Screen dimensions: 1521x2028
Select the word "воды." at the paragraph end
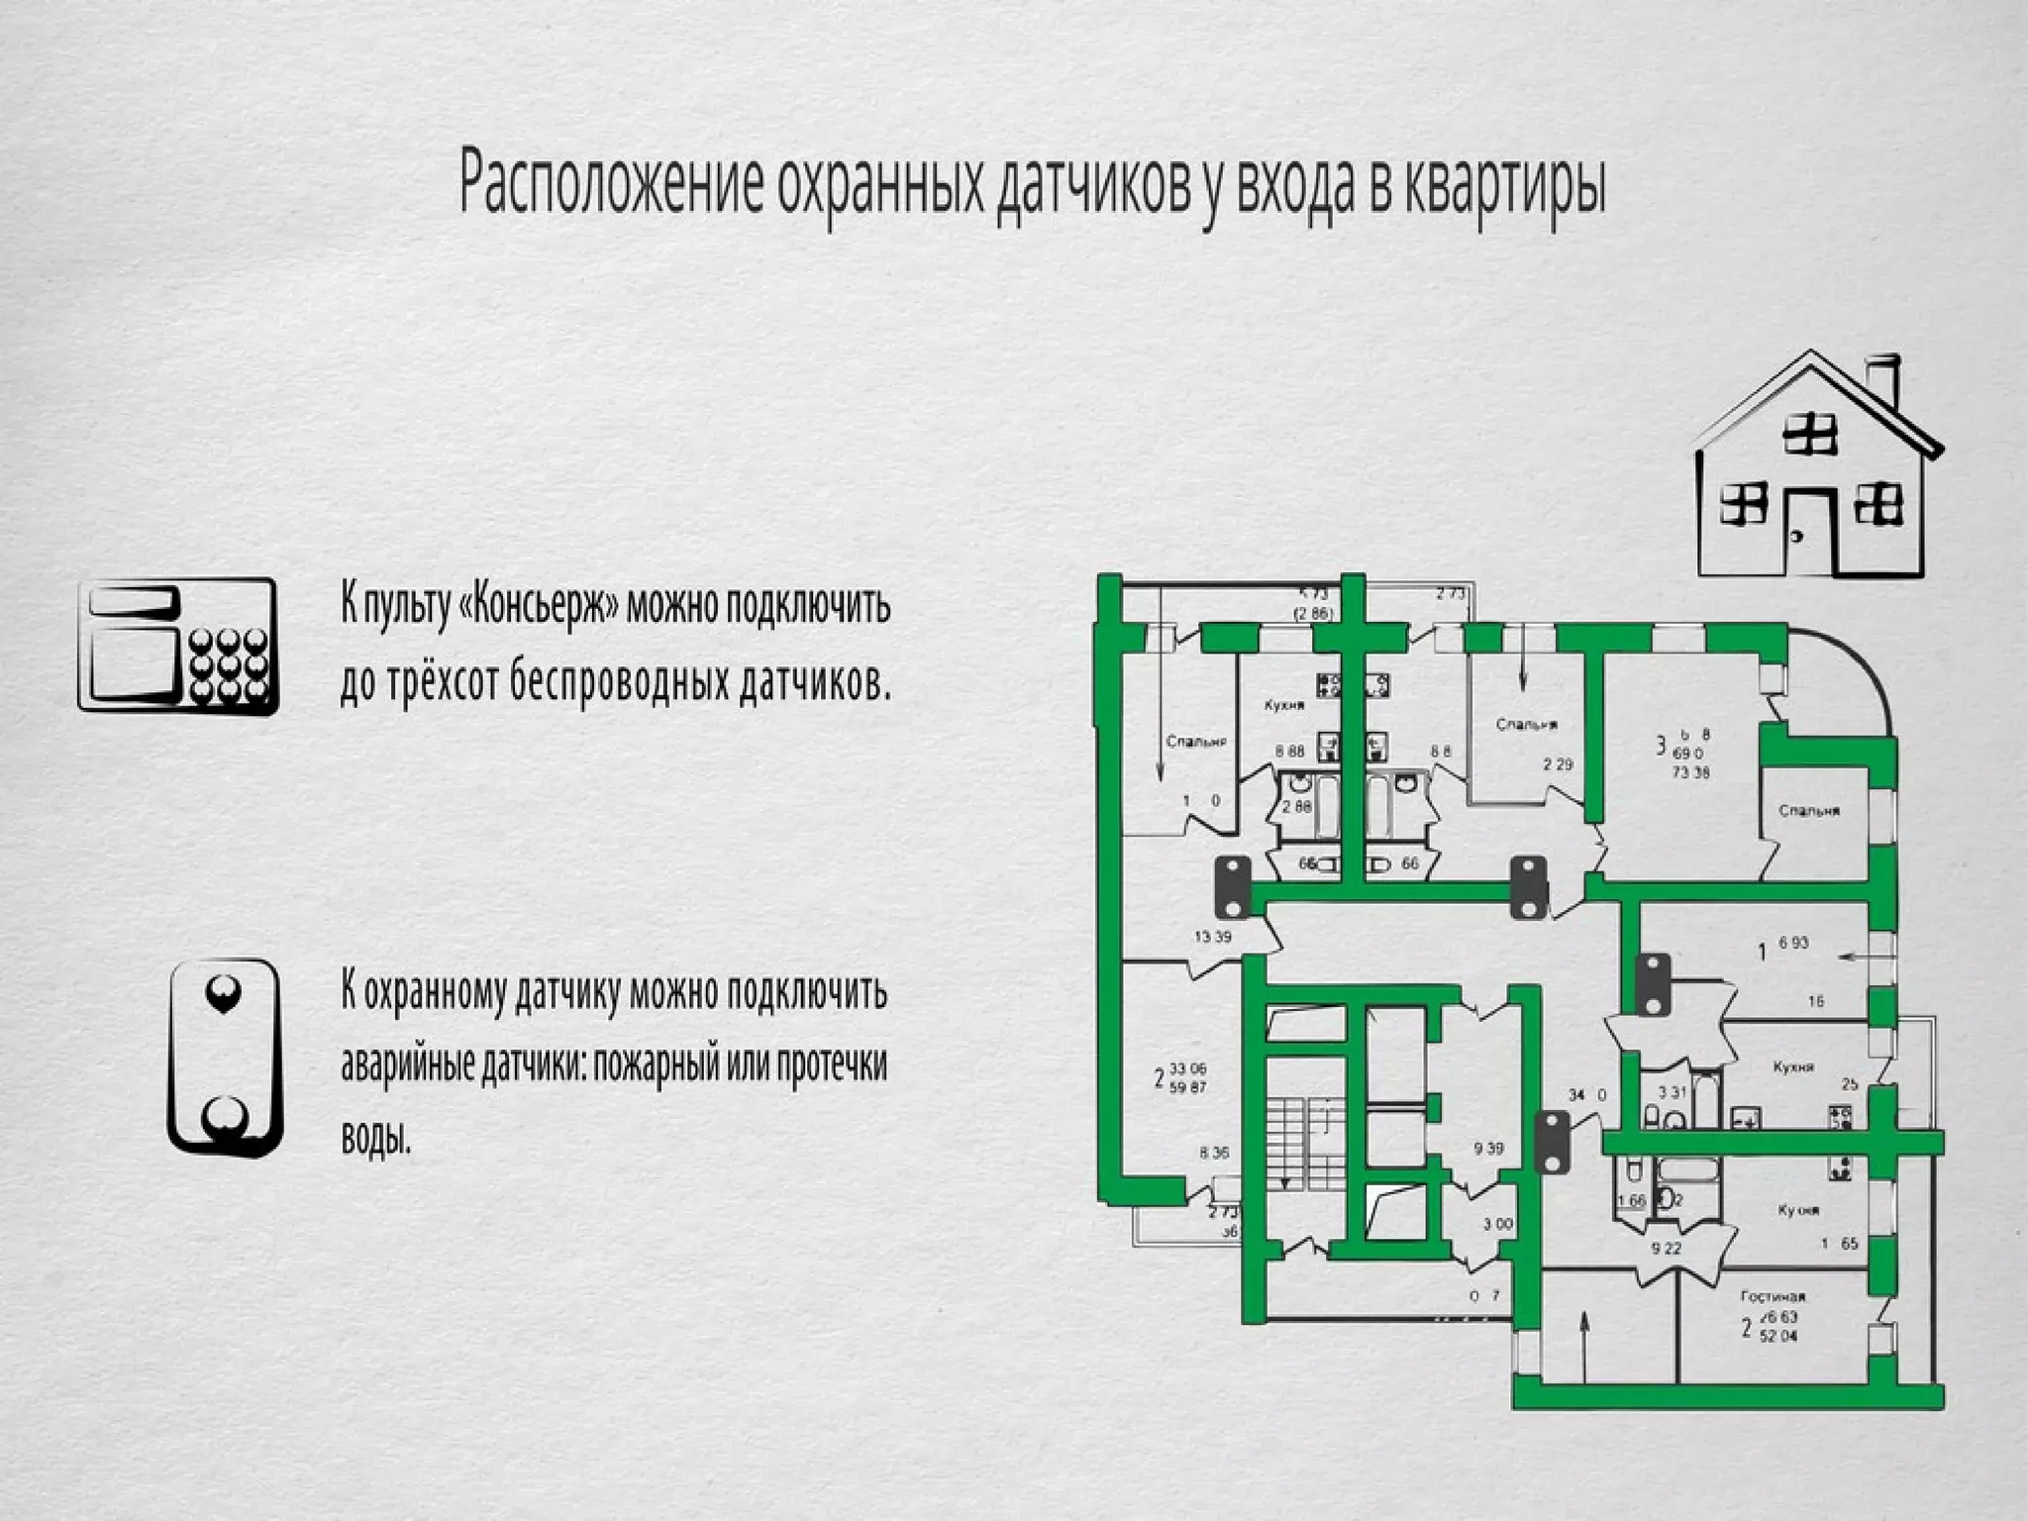[375, 1138]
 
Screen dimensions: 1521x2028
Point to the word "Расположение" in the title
[611, 184]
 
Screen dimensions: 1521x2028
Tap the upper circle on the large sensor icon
[221, 991]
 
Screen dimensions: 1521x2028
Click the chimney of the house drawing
[1881, 379]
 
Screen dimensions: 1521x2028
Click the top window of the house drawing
[1810, 433]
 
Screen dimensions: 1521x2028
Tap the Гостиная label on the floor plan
[1773, 1296]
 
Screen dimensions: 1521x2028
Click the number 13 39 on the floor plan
[1213, 936]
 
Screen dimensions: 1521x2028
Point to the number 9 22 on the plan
[1666, 1249]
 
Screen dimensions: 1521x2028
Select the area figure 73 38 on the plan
[1690, 772]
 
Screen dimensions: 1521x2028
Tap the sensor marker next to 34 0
[1552, 1142]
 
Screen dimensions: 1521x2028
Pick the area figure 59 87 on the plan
[1188, 1087]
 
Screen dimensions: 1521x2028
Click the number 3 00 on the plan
[1497, 1224]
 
